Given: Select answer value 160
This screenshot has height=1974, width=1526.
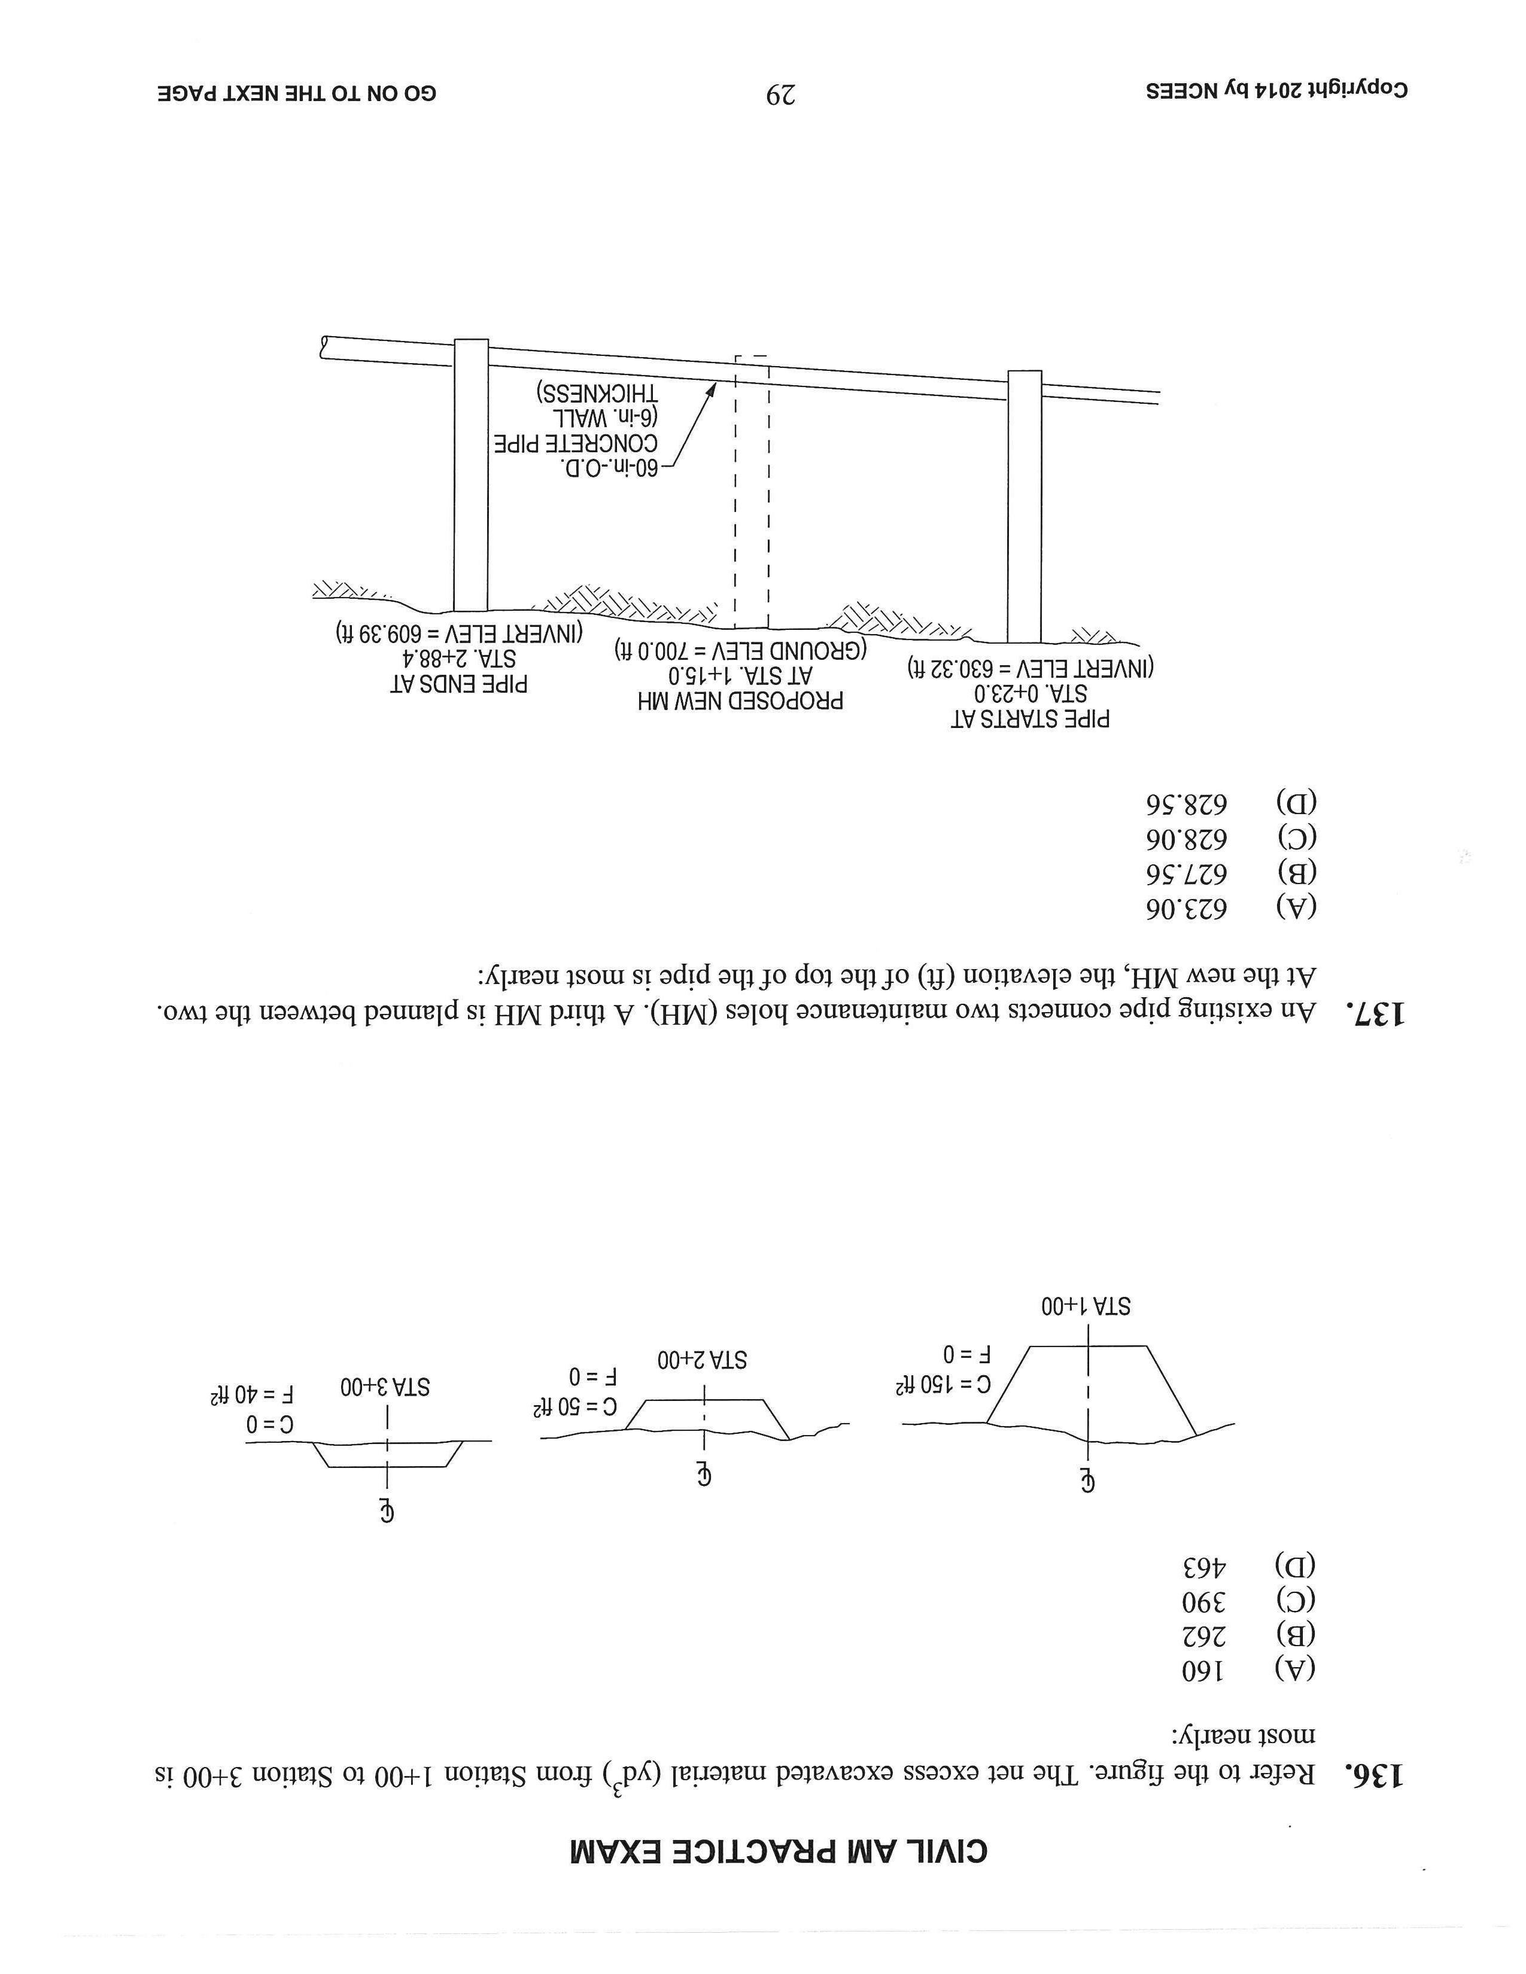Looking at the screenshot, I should [x=1202, y=1670].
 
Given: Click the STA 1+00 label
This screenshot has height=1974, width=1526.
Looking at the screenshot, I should [x=1086, y=1306].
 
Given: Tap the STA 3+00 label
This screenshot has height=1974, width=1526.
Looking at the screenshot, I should [x=385, y=1387].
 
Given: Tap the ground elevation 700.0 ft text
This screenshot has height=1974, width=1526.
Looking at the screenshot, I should [x=740, y=649].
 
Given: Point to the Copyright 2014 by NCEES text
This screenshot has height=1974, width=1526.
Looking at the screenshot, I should [x=1276, y=92].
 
